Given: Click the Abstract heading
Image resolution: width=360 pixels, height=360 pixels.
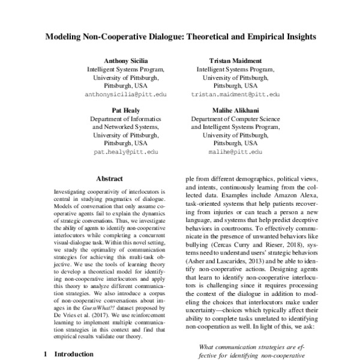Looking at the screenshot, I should pyautogui.click(x=109, y=178).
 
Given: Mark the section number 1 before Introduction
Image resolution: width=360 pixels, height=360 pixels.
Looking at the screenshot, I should pyautogui.click(x=46, y=354).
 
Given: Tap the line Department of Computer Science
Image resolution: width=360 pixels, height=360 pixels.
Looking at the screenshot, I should pyautogui.click(x=235, y=119).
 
